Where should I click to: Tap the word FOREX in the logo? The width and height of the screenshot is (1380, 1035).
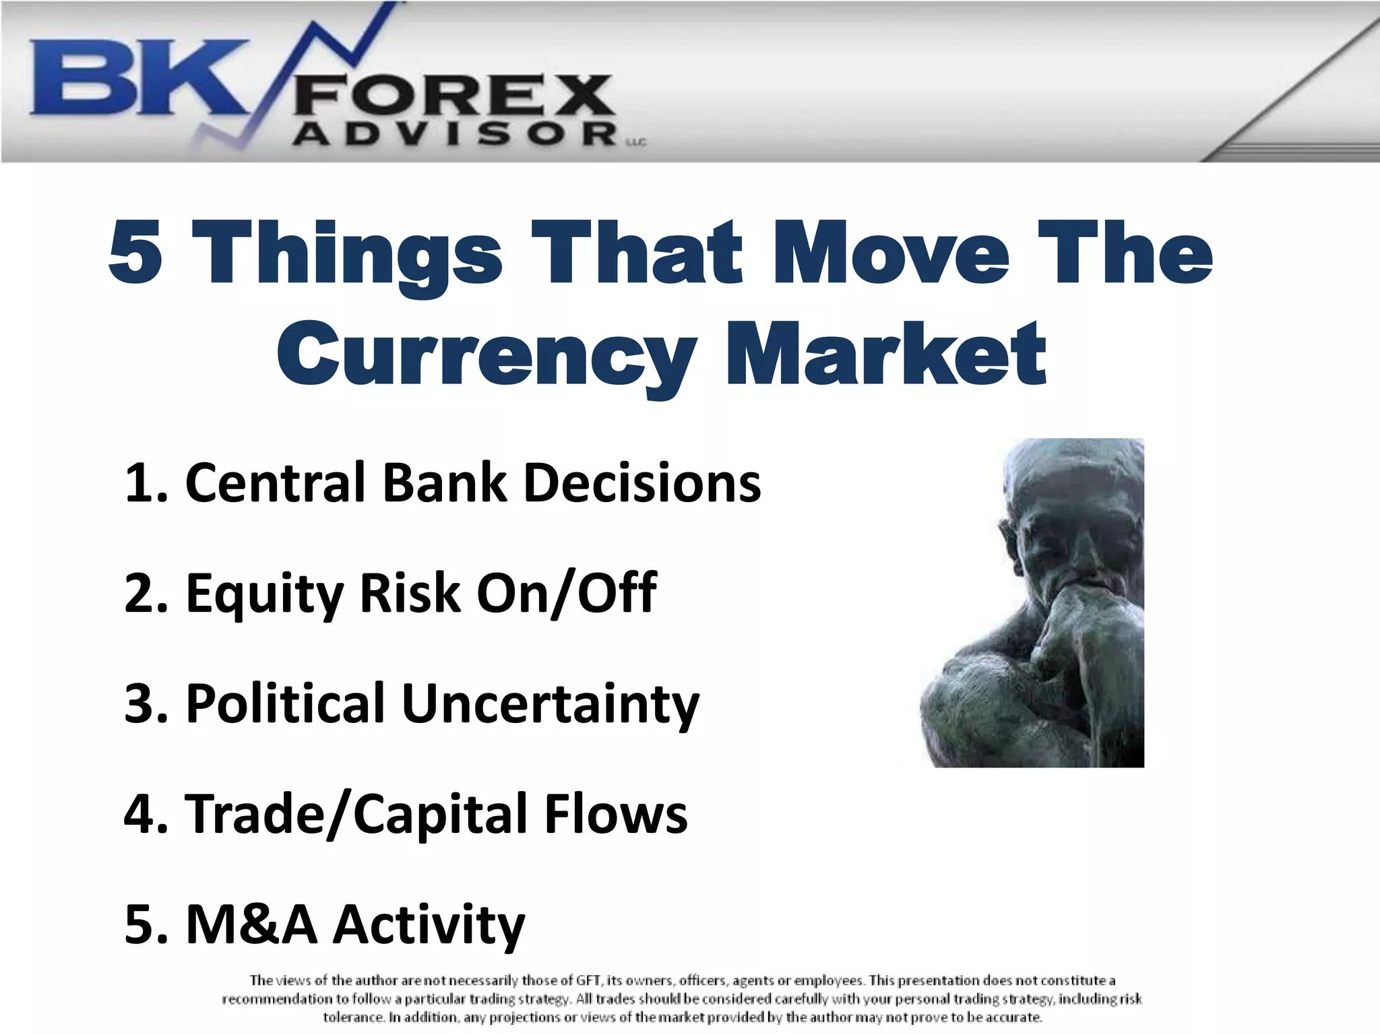(453, 96)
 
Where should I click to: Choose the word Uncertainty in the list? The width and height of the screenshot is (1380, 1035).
(551, 705)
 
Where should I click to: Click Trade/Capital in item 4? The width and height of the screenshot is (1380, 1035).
(357, 815)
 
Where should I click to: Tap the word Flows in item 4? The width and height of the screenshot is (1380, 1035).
(616, 815)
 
